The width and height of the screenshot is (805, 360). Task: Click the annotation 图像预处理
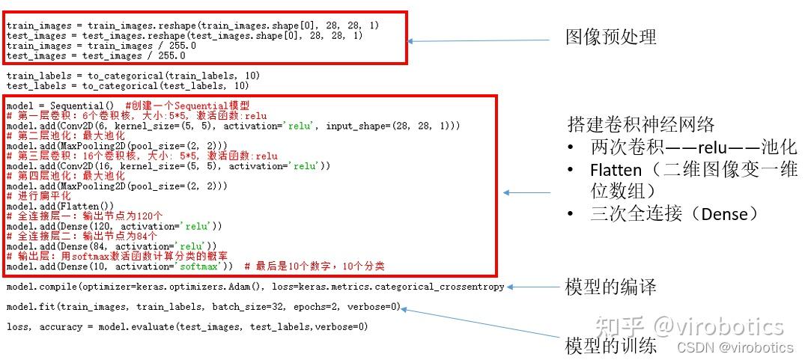point(610,37)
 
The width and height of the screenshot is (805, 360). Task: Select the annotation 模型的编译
point(610,287)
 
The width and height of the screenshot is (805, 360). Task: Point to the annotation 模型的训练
point(610,346)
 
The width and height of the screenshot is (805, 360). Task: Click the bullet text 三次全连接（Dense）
point(674,214)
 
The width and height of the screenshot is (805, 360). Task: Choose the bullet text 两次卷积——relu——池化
point(693,147)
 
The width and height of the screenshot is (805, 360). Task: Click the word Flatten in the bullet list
point(616,170)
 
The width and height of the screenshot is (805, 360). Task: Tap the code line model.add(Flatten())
point(60,206)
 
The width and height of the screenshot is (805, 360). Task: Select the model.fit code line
point(203,307)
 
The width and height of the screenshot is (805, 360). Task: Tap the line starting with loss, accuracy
point(187,326)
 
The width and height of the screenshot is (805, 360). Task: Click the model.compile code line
point(255,287)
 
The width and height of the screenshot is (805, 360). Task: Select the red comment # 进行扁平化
point(39,196)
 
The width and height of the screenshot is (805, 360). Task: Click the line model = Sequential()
point(60,106)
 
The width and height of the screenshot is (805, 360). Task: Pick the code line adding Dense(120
point(114,227)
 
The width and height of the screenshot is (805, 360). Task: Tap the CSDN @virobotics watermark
point(735,347)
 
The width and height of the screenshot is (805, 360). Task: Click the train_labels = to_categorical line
point(133,76)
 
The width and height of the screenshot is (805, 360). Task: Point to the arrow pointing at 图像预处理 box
point(479,41)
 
